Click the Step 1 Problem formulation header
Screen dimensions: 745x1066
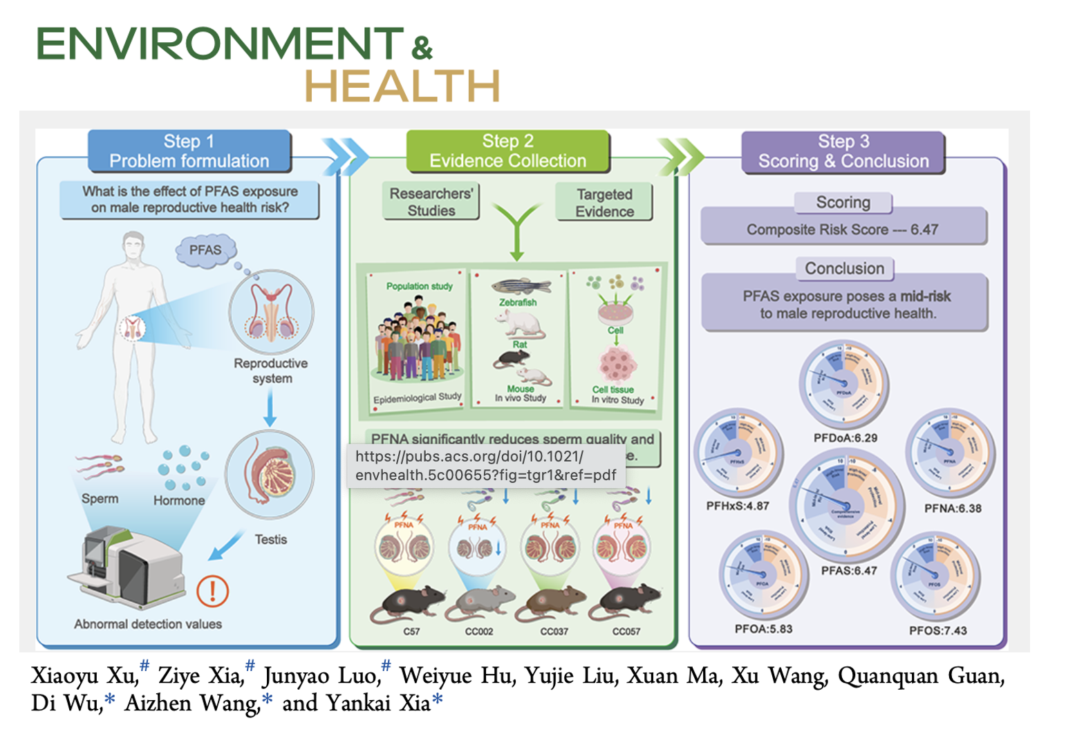point(189,151)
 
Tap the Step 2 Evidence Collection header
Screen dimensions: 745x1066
point(507,151)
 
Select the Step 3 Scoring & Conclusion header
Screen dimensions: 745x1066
point(843,151)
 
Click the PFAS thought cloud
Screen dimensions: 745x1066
point(205,250)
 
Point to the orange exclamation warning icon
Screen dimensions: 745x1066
point(212,591)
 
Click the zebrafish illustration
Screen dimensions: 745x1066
point(521,286)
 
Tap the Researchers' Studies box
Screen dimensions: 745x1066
point(431,202)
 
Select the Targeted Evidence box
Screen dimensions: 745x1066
point(604,202)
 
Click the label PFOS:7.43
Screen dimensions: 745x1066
point(937,630)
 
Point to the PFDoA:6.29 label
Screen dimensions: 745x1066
point(845,437)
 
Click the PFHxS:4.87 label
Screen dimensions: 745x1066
point(737,506)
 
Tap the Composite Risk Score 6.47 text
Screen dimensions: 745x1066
point(842,229)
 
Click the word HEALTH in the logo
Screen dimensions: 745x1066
point(402,87)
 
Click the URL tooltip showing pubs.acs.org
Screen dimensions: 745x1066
point(486,466)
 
